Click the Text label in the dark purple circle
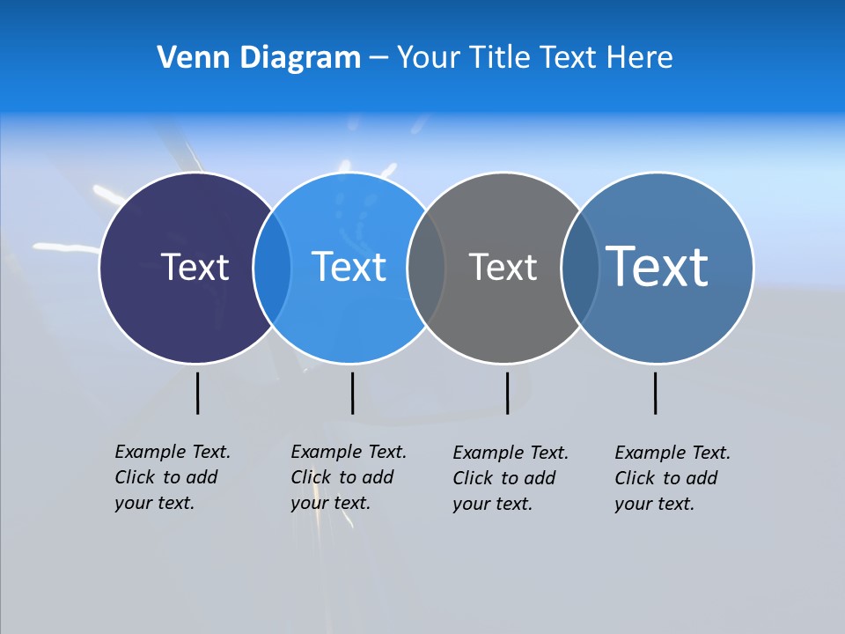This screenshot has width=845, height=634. pos(195,267)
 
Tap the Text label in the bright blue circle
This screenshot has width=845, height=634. pos(349,267)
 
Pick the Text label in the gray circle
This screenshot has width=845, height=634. pos(503,267)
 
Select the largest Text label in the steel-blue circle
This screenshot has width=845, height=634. pos(657,266)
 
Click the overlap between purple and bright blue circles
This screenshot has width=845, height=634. pos(272,268)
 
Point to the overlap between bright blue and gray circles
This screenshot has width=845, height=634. pos(426,268)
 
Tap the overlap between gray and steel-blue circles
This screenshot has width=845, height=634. pos(579,268)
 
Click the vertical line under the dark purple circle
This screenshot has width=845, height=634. pos(197,393)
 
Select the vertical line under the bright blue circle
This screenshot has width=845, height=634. pos(352,393)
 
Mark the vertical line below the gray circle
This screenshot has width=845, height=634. pos(507,393)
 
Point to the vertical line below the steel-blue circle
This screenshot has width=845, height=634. pos(655,393)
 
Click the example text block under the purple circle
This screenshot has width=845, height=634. pos(173,477)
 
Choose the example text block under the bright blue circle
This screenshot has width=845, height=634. pos(349,477)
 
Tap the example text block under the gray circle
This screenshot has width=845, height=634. pos(511,478)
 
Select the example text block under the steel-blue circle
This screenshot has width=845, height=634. pos(672,478)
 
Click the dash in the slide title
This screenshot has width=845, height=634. pos(378,58)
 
